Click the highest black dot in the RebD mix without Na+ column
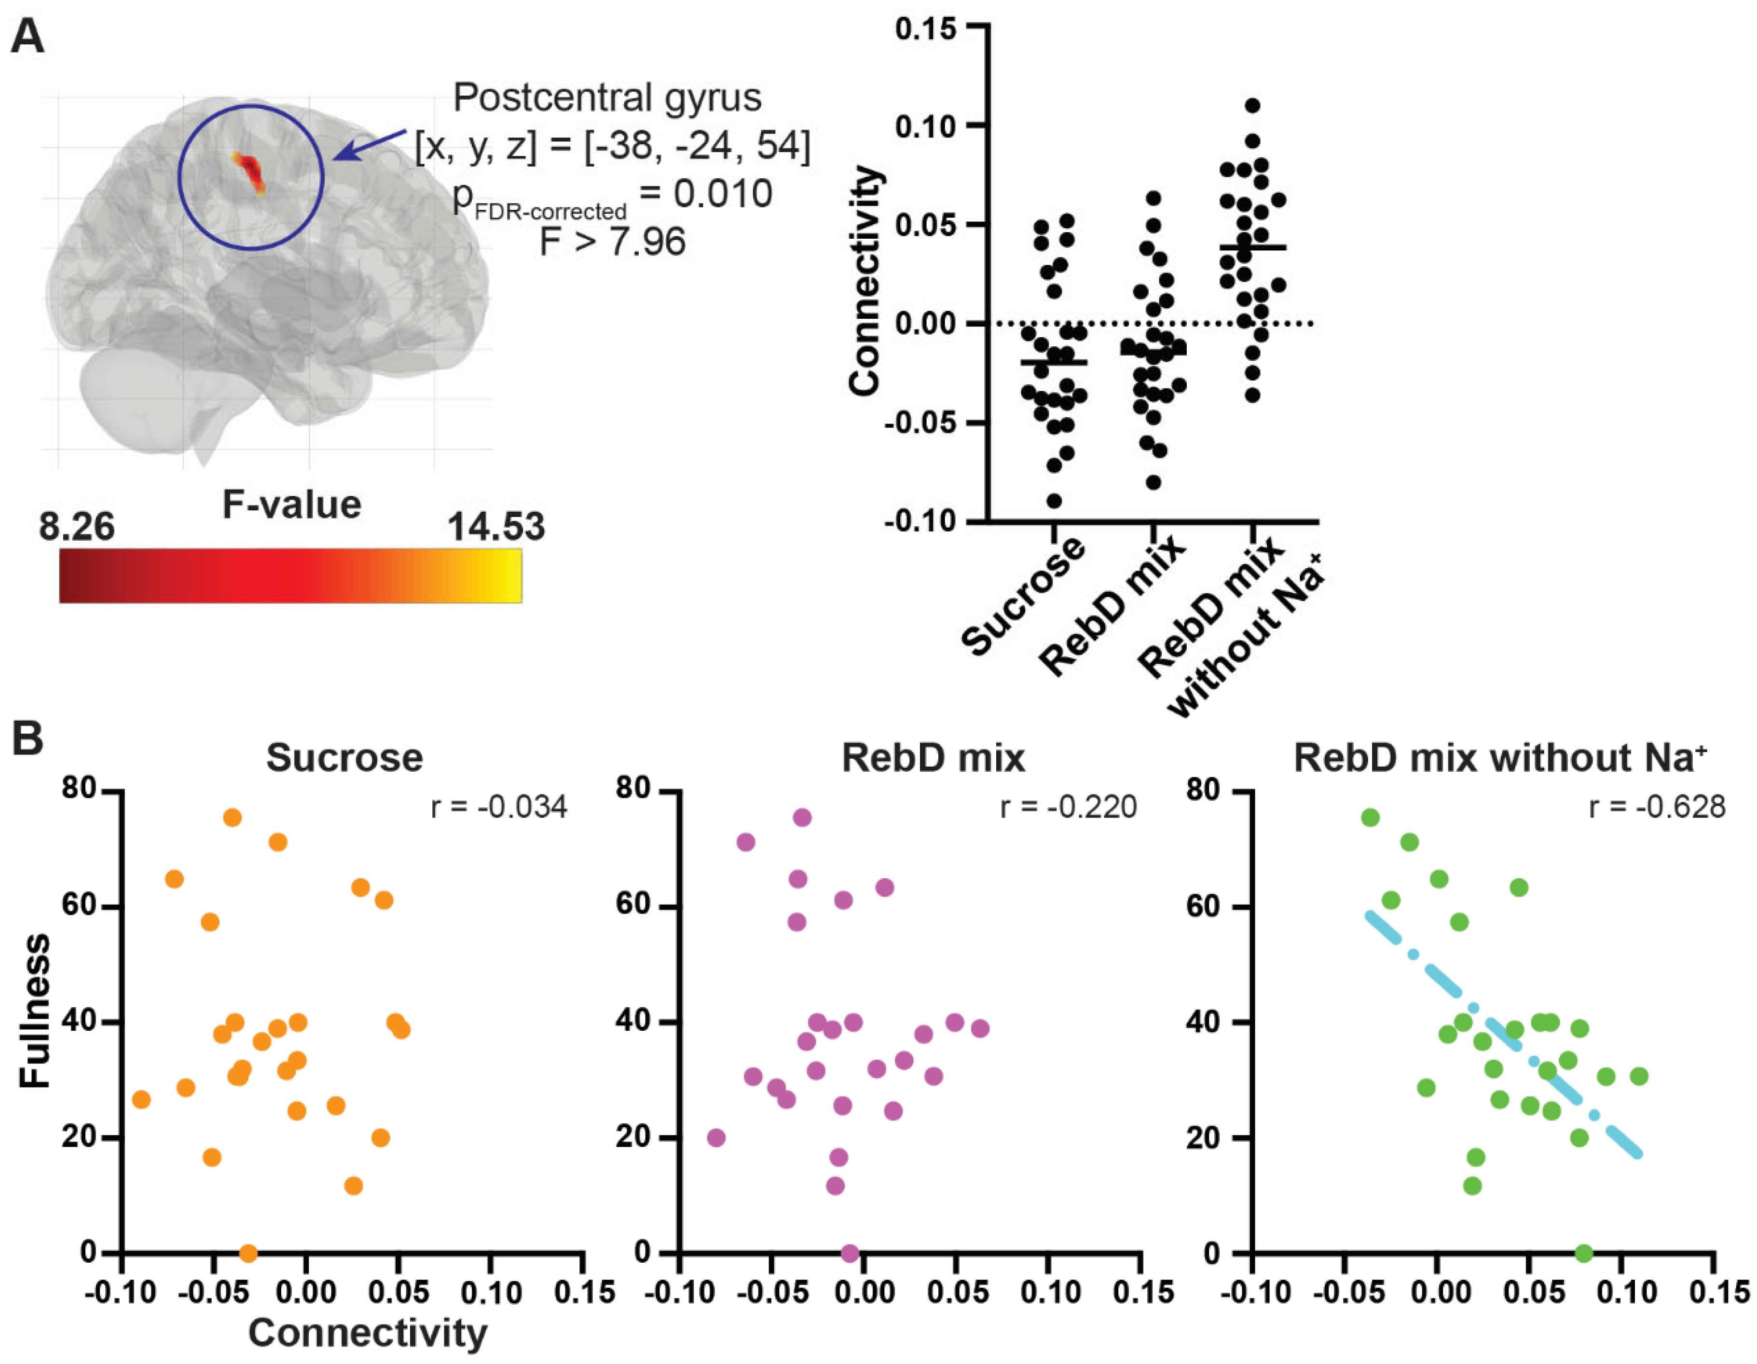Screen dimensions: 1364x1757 click(x=1252, y=105)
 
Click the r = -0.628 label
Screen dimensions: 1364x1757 click(x=1657, y=806)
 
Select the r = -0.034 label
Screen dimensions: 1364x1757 click(x=499, y=806)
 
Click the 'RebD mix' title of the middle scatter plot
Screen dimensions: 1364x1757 click(x=933, y=758)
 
